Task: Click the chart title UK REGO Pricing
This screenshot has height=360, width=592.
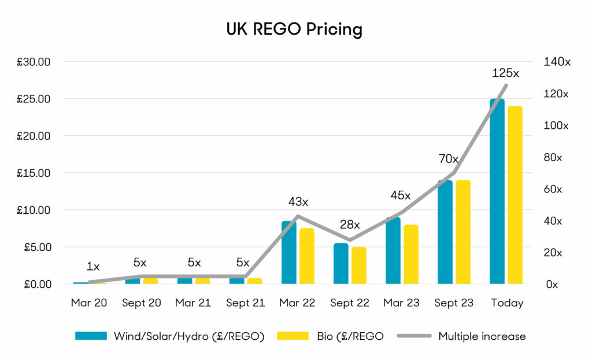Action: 294,29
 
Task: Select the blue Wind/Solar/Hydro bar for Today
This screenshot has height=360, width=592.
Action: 497,191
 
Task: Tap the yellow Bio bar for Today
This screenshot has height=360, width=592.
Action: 515,195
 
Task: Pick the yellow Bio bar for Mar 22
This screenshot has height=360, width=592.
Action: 307,256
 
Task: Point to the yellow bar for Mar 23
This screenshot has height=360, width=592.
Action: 411,254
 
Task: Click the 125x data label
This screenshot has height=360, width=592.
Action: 506,73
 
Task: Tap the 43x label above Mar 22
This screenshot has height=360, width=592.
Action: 298,202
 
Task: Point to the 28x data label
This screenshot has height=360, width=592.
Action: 350,225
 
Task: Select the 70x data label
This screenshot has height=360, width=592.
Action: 448,159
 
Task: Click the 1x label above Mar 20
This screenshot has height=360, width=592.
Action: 93,267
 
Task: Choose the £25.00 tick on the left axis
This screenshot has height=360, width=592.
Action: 34,99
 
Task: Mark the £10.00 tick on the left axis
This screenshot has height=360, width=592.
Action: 34,210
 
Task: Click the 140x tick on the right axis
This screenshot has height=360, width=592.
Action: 557,62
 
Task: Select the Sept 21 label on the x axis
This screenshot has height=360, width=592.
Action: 245,303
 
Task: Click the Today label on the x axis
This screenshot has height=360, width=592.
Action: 508,303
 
